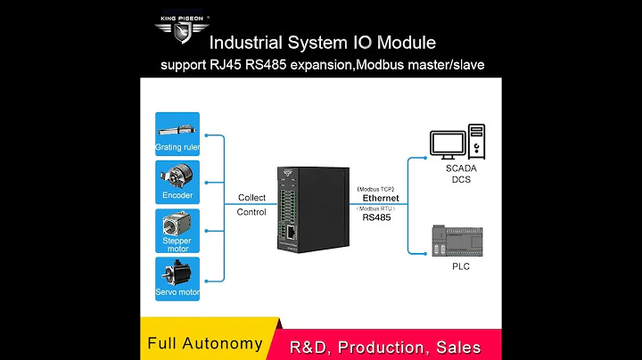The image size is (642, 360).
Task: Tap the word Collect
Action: coord(251,198)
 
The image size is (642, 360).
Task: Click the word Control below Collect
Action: coord(251,212)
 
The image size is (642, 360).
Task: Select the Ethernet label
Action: coord(381,199)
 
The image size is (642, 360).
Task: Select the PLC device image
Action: coord(461,239)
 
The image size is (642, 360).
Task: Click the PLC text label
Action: coord(461,266)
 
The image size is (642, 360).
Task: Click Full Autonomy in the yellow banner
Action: coord(204,344)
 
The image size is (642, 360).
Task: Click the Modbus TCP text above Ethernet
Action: coord(375,188)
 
